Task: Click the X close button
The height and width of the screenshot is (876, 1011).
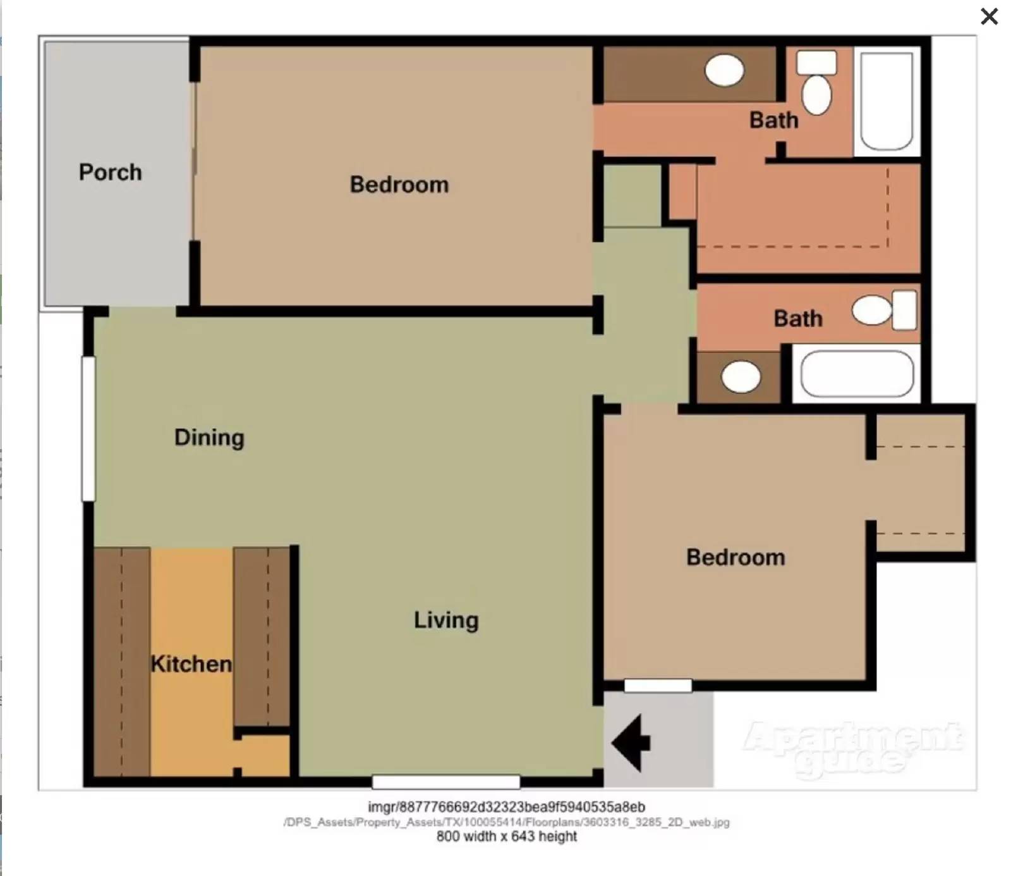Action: pos(989,16)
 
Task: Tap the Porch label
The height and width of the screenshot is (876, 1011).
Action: pos(110,172)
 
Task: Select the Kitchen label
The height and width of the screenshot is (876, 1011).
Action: pos(191,663)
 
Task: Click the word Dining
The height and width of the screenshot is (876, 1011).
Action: pos(209,437)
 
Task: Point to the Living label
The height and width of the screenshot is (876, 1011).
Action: pos(446,620)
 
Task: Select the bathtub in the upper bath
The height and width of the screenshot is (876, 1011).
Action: pos(887,101)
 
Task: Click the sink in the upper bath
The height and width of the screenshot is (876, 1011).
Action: pos(724,70)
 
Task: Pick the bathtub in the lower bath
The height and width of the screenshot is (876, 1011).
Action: pos(857,374)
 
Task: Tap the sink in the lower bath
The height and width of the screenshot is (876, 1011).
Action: pos(741,378)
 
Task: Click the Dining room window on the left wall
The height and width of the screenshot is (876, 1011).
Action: pos(88,429)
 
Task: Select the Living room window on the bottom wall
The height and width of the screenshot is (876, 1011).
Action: pos(445,782)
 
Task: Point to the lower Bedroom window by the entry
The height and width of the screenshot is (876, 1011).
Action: pos(658,686)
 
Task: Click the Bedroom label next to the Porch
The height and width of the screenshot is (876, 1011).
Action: pos(399,184)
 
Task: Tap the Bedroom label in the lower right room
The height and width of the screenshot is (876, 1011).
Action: pos(736,557)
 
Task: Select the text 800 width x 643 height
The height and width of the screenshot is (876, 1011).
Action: pos(506,836)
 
